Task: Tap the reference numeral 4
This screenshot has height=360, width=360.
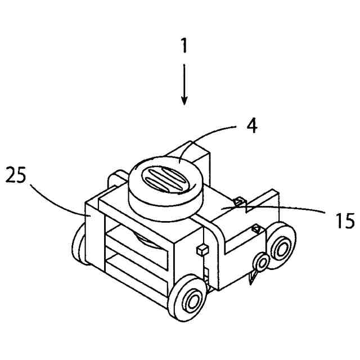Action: pos(252,125)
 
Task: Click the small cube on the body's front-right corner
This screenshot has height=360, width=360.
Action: pos(200,249)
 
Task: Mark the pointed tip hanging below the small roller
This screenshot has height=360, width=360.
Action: pos(253,278)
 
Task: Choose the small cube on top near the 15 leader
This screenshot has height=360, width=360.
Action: pos(238,201)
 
